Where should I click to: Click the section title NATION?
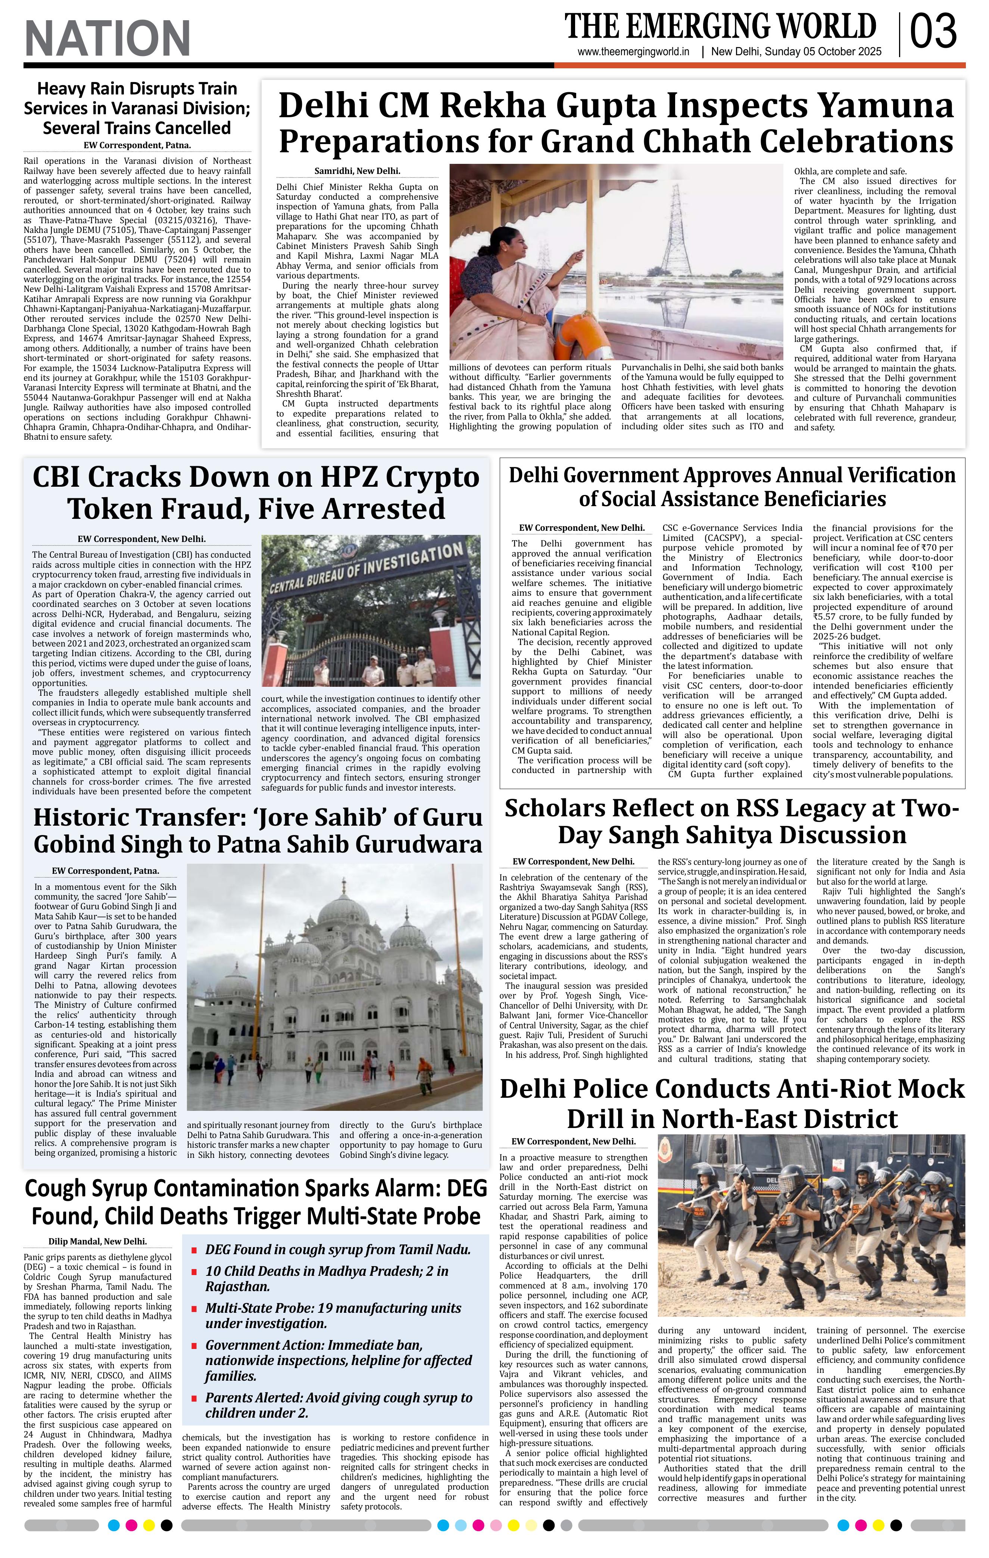[x=107, y=38]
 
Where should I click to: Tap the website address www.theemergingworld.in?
[x=634, y=52]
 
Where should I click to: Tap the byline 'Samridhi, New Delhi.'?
[x=357, y=171]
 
